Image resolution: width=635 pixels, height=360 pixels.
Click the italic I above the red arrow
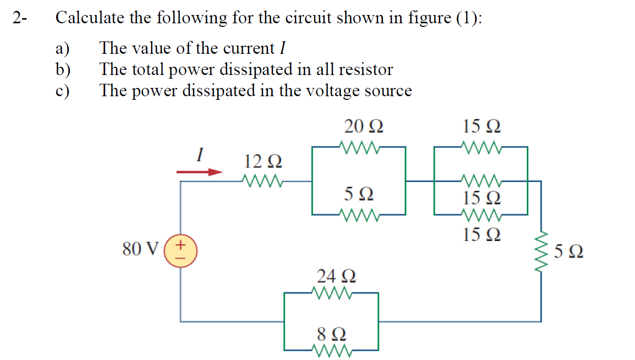pyautogui.click(x=200, y=154)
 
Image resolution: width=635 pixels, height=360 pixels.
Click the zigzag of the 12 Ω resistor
pyautogui.click(x=262, y=182)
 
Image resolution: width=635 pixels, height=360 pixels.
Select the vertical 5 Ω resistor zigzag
pyautogui.click(x=541, y=253)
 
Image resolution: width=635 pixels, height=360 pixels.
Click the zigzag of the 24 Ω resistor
pyautogui.click(x=334, y=293)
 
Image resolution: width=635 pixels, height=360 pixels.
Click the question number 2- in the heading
pyautogui.click(x=21, y=18)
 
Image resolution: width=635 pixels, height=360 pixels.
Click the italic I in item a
pyautogui.click(x=283, y=48)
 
